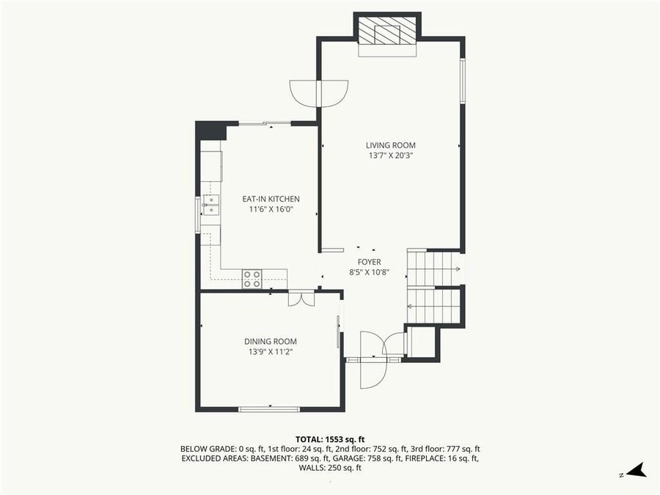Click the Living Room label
click(391, 145)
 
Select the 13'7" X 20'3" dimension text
click(391, 155)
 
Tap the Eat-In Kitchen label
click(271, 199)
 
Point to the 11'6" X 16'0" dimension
click(271, 209)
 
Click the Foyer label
click(369, 262)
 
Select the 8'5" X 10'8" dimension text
click(369, 272)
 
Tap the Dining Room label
click(271, 341)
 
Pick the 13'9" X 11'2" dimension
click(271, 351)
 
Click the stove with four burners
click(252, 279)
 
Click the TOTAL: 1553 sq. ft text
click(330, 438)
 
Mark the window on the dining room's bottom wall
click(269, 408)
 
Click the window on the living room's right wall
click(462, 81)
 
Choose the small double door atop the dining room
click(301, 298)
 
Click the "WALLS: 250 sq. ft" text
click(330, 468)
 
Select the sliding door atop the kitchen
click(264, 124)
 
